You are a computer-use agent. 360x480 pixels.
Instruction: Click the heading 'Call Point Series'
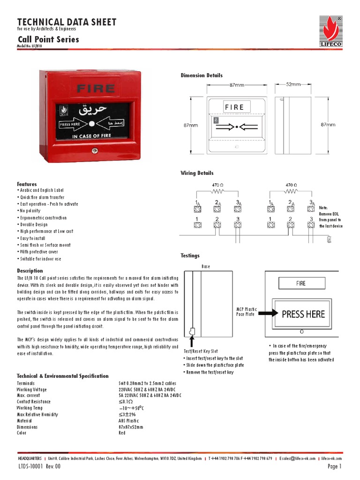click(x=48, y=39)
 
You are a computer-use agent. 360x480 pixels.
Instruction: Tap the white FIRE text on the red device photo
click(x=95, y=88)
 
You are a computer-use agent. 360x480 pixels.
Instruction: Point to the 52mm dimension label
click(x=293, y=84)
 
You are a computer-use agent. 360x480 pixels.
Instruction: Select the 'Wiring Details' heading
click(x=197, y=173)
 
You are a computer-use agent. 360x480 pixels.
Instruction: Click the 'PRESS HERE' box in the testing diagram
click(x=303, y=314)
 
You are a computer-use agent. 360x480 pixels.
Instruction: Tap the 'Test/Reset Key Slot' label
click(x=201, y=351)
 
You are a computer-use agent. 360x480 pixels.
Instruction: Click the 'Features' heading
click(x=27, y=184)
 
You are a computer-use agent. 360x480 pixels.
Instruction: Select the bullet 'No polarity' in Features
click(x=31, y=211)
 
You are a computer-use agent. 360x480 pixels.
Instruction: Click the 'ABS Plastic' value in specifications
click(x=129, y=421)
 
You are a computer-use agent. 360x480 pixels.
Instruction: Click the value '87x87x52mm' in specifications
click(x=131, y=427)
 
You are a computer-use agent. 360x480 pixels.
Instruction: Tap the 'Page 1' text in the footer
click(x=335, y=467)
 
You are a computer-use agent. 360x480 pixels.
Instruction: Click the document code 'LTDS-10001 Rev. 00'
click(x=40, y=467)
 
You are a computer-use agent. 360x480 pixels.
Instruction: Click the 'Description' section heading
click(x=30, y=271)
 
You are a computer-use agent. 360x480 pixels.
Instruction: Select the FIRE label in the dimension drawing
click(x=234, y=107)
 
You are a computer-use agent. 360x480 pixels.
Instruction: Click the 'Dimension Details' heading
click(x=202, y=75)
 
